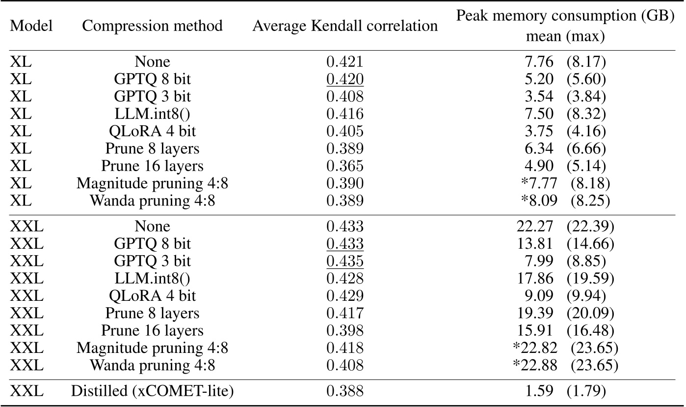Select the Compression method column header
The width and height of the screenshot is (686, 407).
click(x=152, y=26)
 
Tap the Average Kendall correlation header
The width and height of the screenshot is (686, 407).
click(x=345, y=26)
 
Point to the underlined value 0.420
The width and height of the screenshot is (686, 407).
click(x=345, y=80)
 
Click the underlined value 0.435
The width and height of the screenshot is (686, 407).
click(x=345, y=261)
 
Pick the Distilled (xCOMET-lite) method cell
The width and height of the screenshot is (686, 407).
click(x=152, y=391)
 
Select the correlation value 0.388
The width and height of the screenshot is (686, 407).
click(x=345, y=391)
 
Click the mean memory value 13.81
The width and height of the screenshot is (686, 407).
click(x=539, y=243)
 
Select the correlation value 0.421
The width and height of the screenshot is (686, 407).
click(x=345, y=62)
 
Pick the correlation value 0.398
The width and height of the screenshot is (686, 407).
click(x=345, y=330)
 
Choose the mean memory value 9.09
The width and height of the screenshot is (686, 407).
click(x=539, y=295)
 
